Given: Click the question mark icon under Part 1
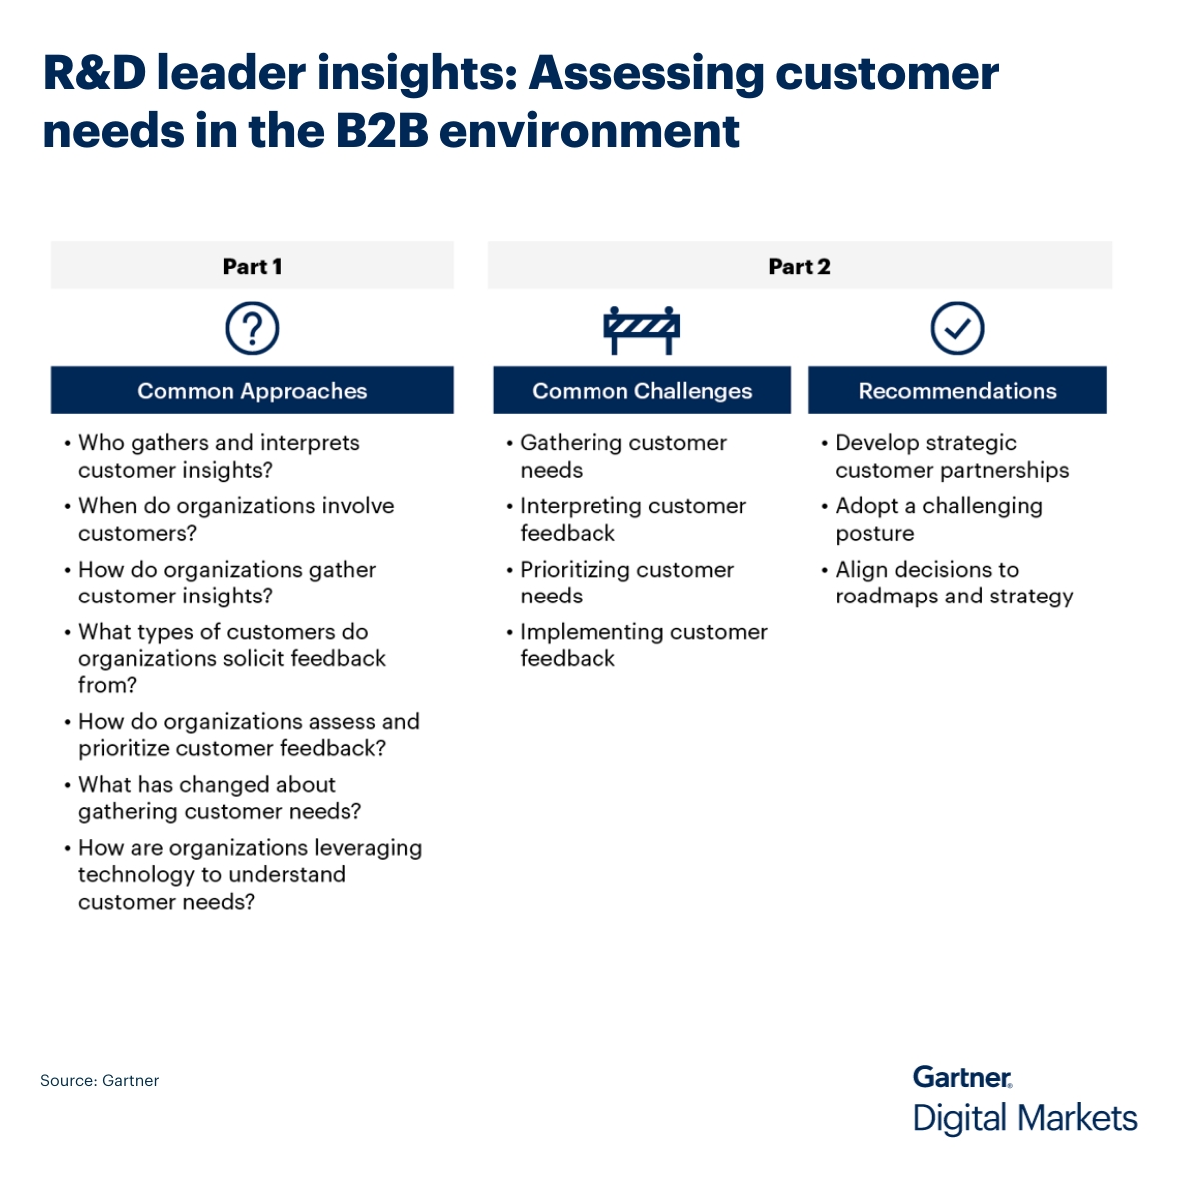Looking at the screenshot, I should tap(252, 329).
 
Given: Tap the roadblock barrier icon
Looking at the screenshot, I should tap(641, 329).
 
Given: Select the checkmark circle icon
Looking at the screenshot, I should tap(957, 329).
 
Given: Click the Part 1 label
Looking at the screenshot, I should tap(252, 267).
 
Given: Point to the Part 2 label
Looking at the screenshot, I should tap(799, 267).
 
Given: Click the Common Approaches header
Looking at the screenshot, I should tap(252, 391).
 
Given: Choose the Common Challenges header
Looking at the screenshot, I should tap(641, 391).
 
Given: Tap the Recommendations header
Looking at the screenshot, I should tap(957, 391).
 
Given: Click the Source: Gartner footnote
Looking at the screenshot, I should tap(99, 1081).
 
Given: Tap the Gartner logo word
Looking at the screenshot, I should tap(962, 1077).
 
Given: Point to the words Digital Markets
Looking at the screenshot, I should tap(1025, 1118).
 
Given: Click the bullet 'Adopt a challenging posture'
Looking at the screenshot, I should tap(938, 520).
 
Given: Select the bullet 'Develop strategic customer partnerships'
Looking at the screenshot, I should tap(951, 457).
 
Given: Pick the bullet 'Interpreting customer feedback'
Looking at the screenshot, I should tap(631, 520).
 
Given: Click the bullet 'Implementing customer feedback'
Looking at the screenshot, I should tap(642, 645).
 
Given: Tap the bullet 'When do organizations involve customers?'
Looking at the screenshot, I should tap(235, 520).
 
